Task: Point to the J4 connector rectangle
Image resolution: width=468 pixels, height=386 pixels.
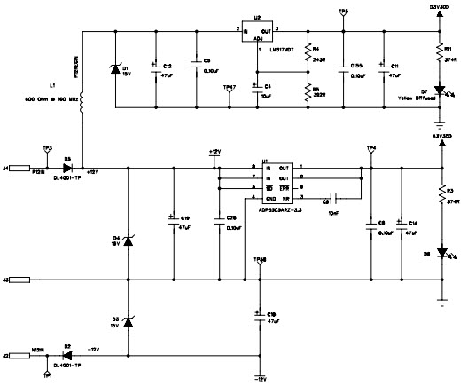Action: [20, 166]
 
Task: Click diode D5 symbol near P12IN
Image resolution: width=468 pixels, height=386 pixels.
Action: [68, 166]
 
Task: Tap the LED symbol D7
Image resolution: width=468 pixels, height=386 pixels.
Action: [441, 91]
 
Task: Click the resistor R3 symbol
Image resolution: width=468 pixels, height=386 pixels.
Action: [441, 195]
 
